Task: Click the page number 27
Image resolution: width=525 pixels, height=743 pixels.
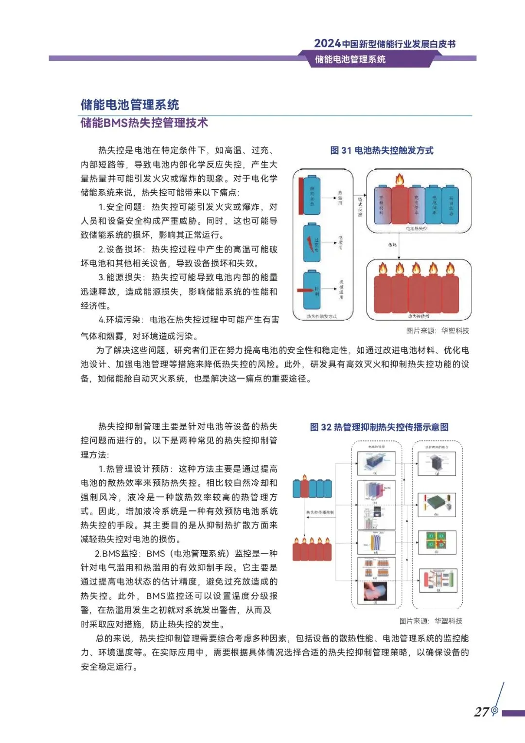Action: point(481,712)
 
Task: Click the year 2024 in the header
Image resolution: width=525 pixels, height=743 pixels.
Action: point(327,43)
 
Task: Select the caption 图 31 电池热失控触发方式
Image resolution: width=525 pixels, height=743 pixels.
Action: point(382,150)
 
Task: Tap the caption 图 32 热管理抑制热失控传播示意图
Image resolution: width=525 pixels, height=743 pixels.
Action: point(379,427)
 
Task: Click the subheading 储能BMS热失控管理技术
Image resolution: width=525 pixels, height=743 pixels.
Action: point(144,123)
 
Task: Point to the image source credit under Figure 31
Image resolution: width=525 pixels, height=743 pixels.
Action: point(437,331)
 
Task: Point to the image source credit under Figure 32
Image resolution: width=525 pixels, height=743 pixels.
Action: point(431,621)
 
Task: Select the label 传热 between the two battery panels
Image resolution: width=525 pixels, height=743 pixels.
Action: point(392,245)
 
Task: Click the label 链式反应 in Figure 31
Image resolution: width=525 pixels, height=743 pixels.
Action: point(360,207)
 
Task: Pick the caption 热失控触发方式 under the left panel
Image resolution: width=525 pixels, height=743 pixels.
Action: point(322,316)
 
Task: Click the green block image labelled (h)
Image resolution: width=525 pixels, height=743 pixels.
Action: point(437,504)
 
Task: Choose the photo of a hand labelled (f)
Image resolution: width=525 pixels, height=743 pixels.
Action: point(376,591)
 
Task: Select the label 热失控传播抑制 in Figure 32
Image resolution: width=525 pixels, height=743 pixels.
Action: point(320,513)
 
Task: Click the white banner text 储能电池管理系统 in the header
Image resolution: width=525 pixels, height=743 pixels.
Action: point(350,59)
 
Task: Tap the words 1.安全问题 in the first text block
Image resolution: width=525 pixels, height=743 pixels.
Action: point(122,207)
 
